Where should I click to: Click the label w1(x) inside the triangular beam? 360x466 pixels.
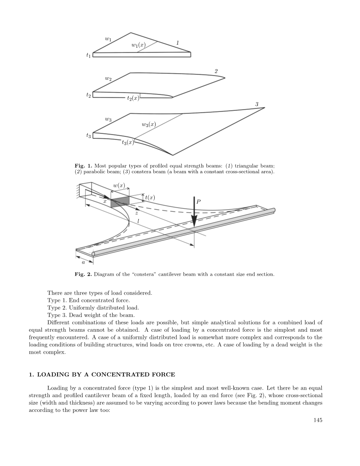[138, 45]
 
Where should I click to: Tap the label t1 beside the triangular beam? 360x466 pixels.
[88, 55]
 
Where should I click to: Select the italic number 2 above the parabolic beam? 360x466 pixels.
[216, 71]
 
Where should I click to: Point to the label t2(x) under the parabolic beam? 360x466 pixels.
[133, 98]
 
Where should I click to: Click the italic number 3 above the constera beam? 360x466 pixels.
[257, 104]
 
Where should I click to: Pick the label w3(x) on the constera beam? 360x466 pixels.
[149, 124]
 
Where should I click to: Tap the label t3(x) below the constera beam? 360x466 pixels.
[128, 142]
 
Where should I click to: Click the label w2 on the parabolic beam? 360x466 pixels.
[108, 78]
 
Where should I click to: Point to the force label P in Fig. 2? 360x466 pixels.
[198, 202]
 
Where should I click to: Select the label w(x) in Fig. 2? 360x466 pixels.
[119, 185]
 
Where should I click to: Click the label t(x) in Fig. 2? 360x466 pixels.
[150, 197]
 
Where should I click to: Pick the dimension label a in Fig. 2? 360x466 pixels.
[83, 262]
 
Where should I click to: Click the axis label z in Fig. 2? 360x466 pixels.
[136, 214]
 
